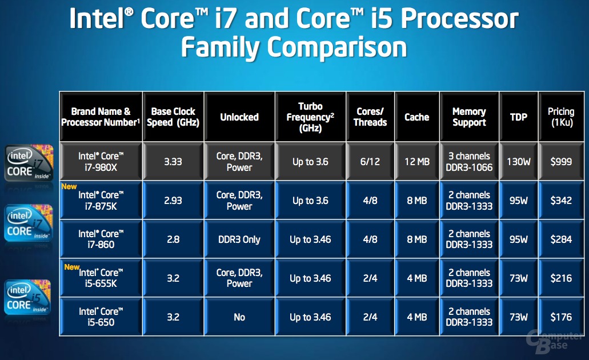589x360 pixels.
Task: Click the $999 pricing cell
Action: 561,162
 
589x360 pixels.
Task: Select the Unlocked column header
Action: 239,117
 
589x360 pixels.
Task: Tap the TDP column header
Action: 518,117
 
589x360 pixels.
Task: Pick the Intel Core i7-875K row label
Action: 101,201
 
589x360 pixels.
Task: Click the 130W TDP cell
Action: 518,162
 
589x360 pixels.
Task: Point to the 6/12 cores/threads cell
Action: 370,162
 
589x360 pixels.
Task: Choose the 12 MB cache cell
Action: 417,162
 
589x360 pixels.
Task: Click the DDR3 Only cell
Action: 239,239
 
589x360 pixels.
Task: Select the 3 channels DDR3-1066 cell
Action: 469,162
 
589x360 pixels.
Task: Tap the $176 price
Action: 561,317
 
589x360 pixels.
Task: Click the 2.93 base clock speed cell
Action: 173,201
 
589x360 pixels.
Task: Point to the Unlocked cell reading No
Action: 239,317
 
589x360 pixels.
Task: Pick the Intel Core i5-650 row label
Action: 101,317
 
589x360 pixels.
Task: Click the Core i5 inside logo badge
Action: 27,297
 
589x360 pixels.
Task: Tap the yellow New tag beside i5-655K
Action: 71,267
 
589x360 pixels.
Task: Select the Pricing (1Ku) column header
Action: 561,117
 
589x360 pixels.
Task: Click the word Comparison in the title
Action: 337,48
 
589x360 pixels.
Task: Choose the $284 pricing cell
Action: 561,239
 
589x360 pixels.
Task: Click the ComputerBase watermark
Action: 555,341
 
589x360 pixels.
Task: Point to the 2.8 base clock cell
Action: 173,239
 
